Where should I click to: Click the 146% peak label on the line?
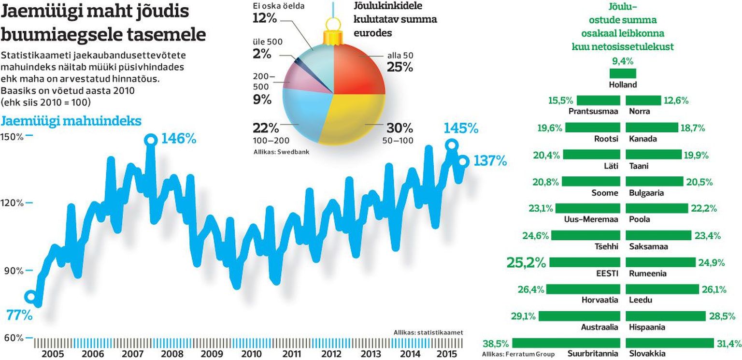pos(178,139)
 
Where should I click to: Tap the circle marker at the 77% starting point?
pos(30,296)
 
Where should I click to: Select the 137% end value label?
pos(490,161)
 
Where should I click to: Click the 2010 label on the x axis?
pos(252,353)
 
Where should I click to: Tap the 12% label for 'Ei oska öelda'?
pos(265,18)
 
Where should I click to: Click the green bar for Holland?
pos(623,73)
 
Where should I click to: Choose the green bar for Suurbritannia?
pos(565,343)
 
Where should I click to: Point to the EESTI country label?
pos(607,274)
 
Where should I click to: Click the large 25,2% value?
pos(526,262)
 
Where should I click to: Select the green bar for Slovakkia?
pos(670,343)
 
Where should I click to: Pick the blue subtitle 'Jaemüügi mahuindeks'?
pos(71,121)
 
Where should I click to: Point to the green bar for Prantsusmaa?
pos(598,101)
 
